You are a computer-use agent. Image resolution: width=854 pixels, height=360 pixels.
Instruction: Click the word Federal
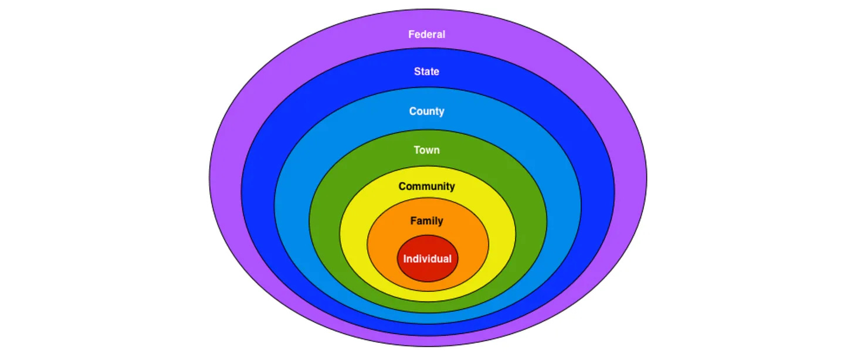click(x=426, y=35)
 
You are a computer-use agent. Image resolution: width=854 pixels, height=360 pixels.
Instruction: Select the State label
click(x=426, y=72)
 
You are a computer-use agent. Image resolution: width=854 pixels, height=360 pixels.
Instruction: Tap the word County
click(x=426, y=111)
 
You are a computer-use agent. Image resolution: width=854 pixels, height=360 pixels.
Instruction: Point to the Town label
click(x=426, y=150)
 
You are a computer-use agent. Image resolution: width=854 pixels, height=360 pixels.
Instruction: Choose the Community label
click(x=426, y=186)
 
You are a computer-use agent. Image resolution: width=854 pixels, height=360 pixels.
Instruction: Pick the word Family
click(x=426, y=221)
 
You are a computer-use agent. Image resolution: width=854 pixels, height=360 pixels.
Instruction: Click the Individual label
click(x=428, y=259)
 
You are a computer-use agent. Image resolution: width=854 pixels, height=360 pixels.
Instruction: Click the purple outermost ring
click(x=226, y=176)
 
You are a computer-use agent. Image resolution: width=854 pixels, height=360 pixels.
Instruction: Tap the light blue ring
click(x=292, y=205)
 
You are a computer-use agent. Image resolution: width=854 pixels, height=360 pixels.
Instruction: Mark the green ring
click(x=324, y=223)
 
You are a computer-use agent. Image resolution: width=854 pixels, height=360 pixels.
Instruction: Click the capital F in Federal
click(x=411, y=35)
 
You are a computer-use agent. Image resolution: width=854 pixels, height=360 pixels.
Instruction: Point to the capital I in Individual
click(x=405, y=259)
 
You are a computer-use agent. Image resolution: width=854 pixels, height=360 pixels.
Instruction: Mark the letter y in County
click(x=442, y=112)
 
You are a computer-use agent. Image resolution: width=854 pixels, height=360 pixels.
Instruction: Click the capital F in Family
click(x=413, y=221)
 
